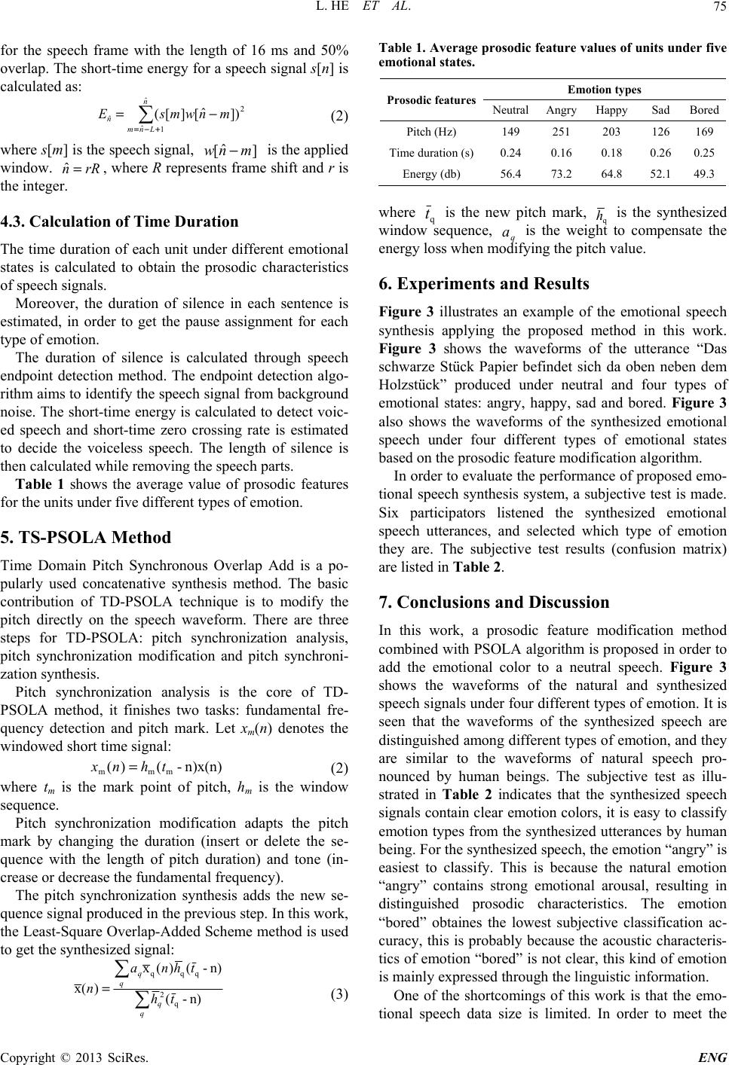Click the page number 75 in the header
coord(717,9)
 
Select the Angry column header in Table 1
coord(561,110)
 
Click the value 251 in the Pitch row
coord(561,131)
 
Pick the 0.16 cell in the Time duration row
coord(561,152)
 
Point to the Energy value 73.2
coord(561,173)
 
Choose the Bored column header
coord(703,110)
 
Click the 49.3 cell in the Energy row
coord(703,173)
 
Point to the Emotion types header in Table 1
coord(605,90)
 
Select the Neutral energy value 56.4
coord(510,173)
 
